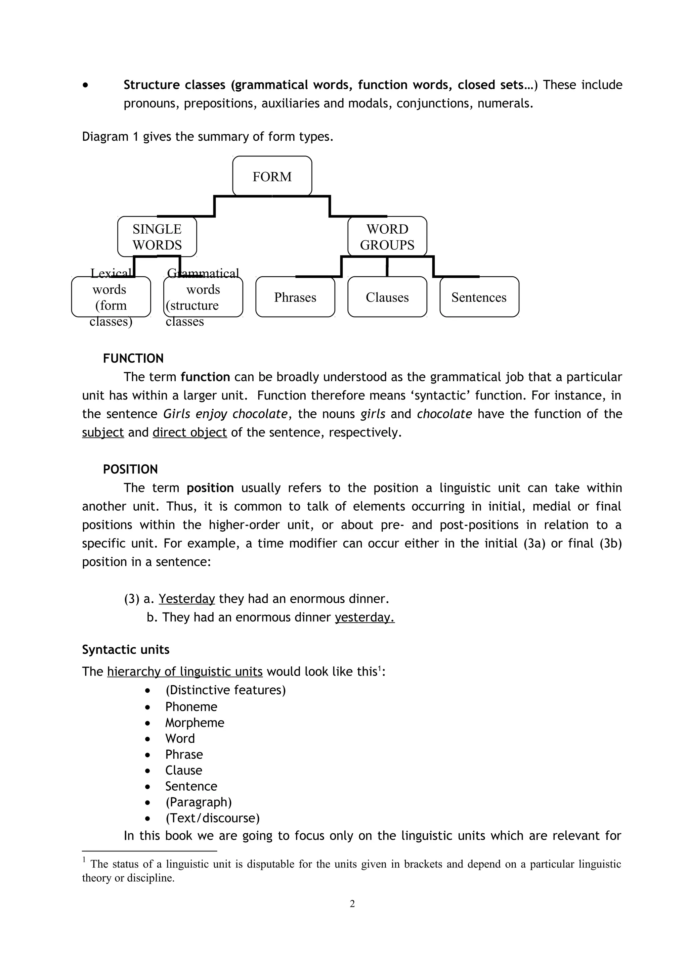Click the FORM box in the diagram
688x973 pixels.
tap(272, 176)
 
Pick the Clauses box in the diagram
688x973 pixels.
tap(387, 297)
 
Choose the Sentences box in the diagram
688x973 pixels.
tap(479, 297)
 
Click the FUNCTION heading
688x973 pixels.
tap(133, 359)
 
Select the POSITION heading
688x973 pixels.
tap(130, 469)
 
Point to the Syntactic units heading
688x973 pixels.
tap(126, 650)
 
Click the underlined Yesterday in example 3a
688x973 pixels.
tap(186, 599)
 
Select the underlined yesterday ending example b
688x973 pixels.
tap(364, 617)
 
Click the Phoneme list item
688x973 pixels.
tap(191, 707)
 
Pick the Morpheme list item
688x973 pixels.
tap(195, 723)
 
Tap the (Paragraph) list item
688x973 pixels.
tap(199, 802)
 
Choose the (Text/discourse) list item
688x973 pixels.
tap(212, 818)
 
